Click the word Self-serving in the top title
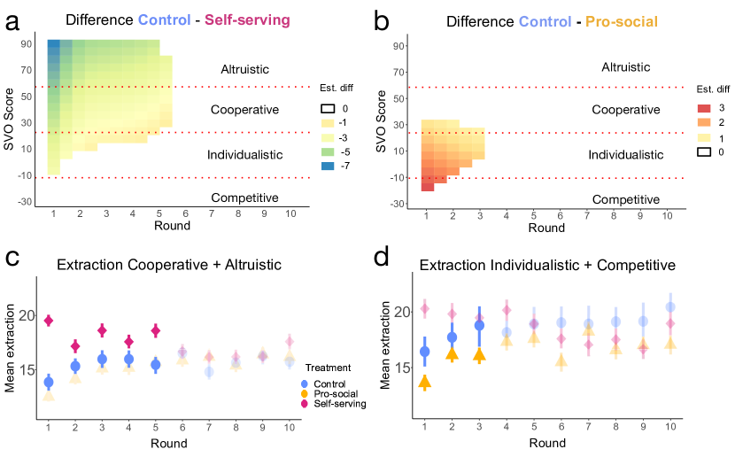[x=247, y=19]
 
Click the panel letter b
[x=382, y=19]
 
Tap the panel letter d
[x=381, y=259]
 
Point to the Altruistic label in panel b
[x=626, y=67]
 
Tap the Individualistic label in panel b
[x=626, y=154]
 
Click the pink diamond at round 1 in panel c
[x=49, y=320]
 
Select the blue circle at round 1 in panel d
[x=424, y=352]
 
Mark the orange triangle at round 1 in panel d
[x=424, y=382]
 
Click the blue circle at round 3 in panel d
[x=480, y=325]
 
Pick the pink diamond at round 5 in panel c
[x=156, y=330]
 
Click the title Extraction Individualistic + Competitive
[x=547, y=265]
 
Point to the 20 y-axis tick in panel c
[x=25, y=316]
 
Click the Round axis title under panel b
[x=546, y=228]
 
